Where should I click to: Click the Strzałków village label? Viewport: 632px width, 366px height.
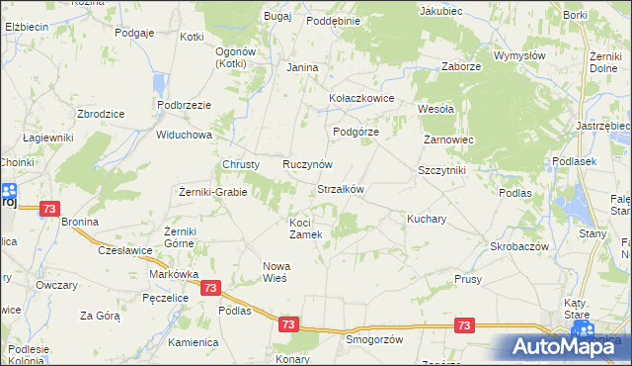pos(341,189)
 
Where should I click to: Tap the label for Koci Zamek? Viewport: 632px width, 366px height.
pos(306,229)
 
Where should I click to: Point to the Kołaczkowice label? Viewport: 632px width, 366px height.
pos(361,99)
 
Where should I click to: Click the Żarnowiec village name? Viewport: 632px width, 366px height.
pos(449,140)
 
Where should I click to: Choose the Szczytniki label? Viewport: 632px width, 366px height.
pos(441,170)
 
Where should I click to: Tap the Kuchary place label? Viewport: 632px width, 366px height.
pos(428,218)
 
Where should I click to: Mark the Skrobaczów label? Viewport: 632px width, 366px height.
pos(519,245)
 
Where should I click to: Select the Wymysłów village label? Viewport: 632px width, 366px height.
pos(520,56)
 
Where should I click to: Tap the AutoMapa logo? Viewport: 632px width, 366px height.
pos(563,346)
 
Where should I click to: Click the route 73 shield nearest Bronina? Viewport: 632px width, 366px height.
pos(50,209)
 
